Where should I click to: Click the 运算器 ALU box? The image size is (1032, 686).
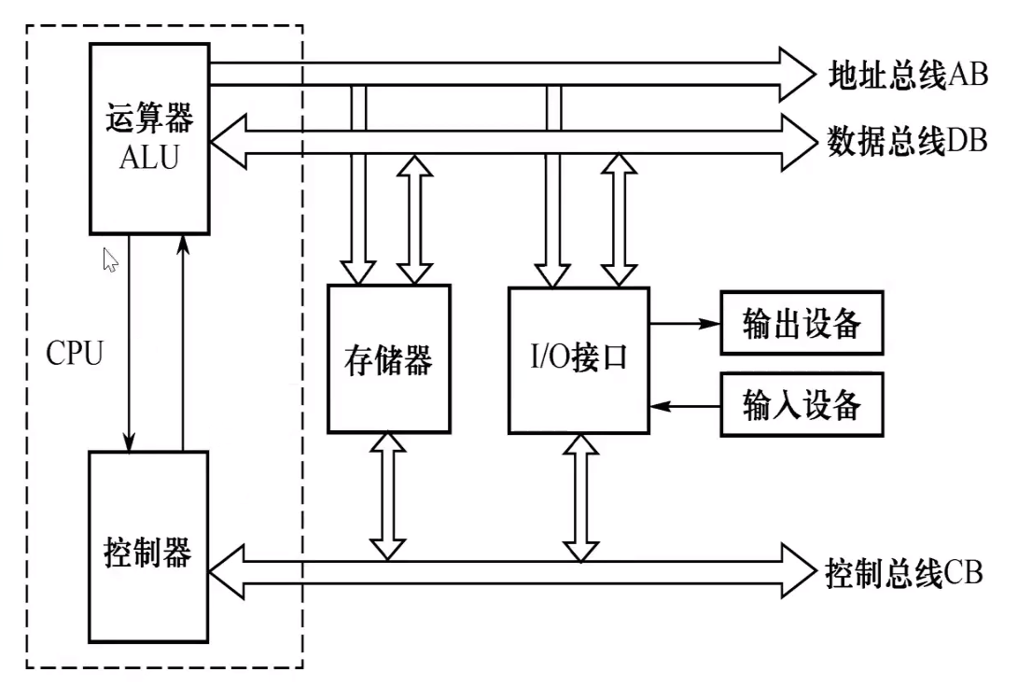[149, 138]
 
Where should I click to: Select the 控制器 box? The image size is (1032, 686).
[149, 547]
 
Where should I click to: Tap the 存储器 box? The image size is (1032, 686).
[389, 359]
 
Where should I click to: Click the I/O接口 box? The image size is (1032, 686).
[579, 359]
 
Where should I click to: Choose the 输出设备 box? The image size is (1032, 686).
[802, 324]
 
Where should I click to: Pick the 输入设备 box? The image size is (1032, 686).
[802, 406]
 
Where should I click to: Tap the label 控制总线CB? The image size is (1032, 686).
[903, 572]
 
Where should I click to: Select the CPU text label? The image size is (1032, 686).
[74, 354]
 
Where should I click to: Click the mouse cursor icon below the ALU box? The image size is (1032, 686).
[110, 259]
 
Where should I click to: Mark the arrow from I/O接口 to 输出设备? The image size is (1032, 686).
[685, 324]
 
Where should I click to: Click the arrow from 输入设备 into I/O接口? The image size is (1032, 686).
[685, 406]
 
